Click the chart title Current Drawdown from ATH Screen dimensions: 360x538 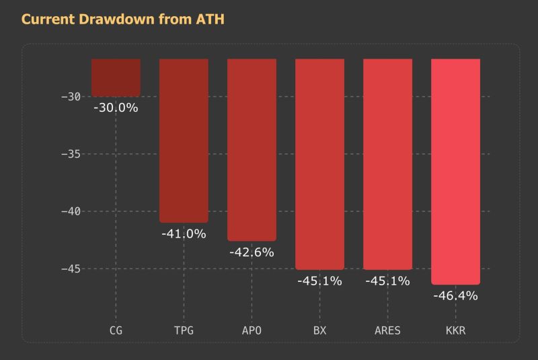point(122,20)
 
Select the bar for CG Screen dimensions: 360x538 point(116,77)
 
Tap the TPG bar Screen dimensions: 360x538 point(184,141)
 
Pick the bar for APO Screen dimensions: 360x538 point(252,149)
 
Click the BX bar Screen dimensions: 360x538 point(319,164)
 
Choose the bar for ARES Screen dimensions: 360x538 point(387,164)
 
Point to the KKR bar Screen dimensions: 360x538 point(455,172)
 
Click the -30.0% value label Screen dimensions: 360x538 point(116,108)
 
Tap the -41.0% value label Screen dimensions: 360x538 point(184,234)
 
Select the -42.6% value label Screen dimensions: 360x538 point(252,252)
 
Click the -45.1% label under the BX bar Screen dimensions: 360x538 point(319,281)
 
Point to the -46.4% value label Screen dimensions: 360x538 point(455,295)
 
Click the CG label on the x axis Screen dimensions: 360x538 point(116,331)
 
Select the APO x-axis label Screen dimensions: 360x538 point(252,331)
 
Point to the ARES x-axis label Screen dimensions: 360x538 point(387,331)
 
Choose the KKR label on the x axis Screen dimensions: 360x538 point(455,331)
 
